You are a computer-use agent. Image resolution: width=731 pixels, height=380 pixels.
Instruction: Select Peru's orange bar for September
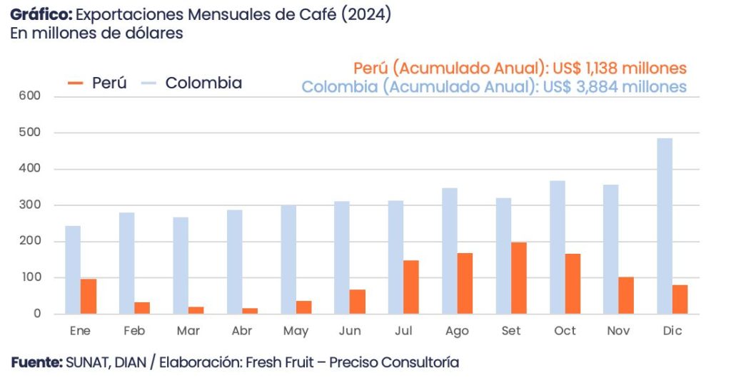(x=518, y=278)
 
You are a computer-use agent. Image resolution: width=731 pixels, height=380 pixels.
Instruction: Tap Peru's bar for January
(x=89, y=296)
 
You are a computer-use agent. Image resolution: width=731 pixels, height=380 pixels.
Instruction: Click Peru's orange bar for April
(x=250, y=310)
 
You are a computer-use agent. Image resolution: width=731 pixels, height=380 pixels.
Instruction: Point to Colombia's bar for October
(x=557, y=247)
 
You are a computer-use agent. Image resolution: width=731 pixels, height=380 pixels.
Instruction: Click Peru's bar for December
(x=680, y=299)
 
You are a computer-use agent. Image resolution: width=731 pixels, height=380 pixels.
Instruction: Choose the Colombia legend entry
(x=203, y=83)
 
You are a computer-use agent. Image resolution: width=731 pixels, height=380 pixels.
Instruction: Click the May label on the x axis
(x=296, y=332)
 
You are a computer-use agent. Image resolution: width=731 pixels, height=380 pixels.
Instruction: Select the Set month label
(x=511, y=332)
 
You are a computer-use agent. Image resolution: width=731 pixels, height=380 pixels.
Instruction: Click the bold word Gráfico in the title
(x=40, y=15)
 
